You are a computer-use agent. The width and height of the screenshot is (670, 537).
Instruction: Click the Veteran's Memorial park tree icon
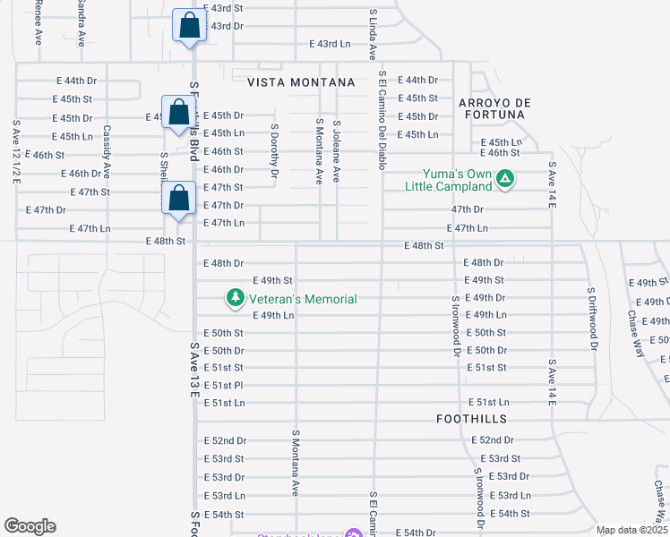point(235,298)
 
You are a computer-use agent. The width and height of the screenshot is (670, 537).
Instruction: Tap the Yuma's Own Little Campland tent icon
point(505,178)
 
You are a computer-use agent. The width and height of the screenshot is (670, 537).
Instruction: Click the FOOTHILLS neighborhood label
point(472,419)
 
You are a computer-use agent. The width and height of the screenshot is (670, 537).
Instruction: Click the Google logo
point(30,526)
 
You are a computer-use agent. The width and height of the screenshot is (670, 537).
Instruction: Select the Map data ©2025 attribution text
point(631,530)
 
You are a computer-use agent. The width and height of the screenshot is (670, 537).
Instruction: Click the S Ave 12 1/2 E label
point(16,152)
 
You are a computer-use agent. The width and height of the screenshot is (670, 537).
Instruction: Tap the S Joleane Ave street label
point(337,152)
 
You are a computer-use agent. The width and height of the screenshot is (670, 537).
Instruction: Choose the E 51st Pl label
point(223,385)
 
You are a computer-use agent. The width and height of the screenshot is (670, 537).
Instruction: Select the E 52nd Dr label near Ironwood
point(494,440)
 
